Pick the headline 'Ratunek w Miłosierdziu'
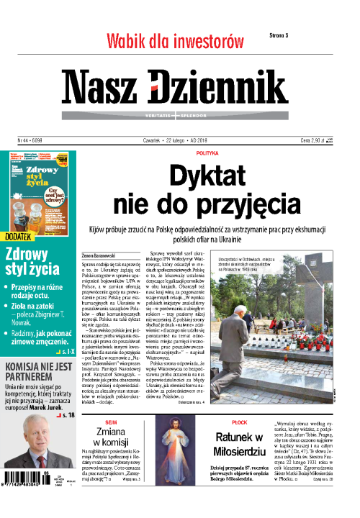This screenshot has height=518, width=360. (x=240, y=445)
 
